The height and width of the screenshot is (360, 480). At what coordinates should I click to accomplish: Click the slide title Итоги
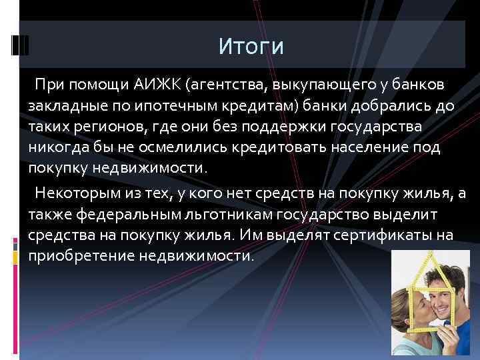click(251, 47)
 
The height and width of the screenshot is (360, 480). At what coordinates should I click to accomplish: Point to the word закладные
click(67, 106)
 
